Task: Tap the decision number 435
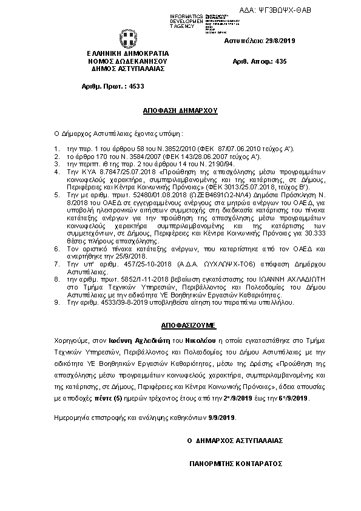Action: (280, 61)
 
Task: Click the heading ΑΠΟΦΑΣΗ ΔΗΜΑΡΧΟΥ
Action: (180, 112)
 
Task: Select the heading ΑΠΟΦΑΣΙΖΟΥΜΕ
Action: (180, 317)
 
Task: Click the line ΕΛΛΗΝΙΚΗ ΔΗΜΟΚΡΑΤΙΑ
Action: (128, 53)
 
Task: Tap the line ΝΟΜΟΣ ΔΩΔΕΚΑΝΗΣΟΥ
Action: (128, 61)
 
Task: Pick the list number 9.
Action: (56, 302)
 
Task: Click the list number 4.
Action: (56, 172)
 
